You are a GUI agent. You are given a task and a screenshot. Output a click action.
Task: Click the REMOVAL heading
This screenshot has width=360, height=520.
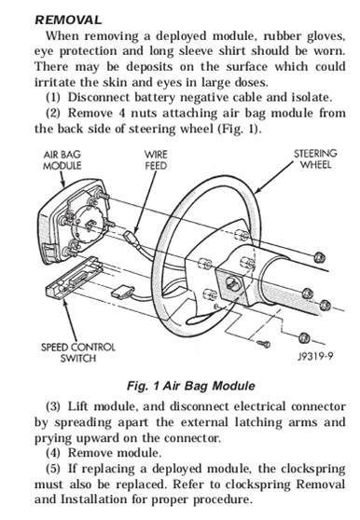(x=68, y=20)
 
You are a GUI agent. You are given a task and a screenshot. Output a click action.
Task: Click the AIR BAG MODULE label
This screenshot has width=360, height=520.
(x=62, y=160)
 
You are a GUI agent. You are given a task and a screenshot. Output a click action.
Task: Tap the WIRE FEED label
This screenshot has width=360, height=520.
(x=156, y=160)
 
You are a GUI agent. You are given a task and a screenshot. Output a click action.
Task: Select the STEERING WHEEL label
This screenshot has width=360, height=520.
(x=315, y=158)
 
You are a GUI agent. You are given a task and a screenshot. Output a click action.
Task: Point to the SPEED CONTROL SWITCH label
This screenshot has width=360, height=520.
(x=78, y=352)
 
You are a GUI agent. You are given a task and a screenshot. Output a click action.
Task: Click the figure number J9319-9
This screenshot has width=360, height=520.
(x=315, y=356)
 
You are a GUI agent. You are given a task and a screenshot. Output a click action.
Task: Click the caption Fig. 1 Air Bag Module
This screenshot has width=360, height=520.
(x=191, y=386)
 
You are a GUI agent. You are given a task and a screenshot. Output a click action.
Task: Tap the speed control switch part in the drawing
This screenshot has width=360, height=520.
(x=74, y=278)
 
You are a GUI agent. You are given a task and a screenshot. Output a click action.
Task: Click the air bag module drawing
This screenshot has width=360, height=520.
(x=73, y=221)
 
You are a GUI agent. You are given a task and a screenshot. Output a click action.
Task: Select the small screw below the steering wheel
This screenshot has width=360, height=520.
(x=263, y=344)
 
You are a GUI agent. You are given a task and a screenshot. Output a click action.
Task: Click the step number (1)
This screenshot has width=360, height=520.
(x=53, y=98)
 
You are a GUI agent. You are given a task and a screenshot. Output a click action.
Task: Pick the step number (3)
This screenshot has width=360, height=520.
(x=53, y=406)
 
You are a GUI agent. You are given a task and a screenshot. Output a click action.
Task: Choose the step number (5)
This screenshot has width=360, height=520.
(x=53, y=469)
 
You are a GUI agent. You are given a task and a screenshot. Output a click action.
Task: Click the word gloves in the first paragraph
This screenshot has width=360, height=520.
(x=326, y=36)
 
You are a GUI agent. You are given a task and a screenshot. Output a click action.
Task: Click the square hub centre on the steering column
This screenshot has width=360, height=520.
(x=233, y=283)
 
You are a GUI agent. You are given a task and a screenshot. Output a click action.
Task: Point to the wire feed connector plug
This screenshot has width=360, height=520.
(x=130, y=237)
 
